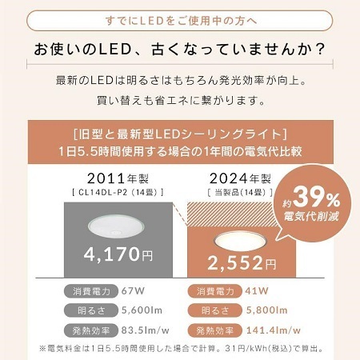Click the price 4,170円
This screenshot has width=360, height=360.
click(117, 255)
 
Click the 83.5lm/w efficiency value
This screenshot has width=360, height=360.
click(146, 329)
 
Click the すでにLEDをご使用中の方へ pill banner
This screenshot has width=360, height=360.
click(180, 18)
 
